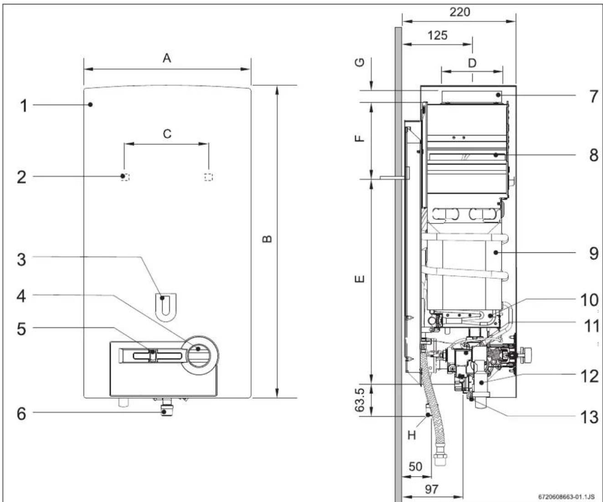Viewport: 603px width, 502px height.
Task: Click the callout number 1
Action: [x=24, y=106]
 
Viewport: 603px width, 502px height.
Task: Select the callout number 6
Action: [x=22, y=414]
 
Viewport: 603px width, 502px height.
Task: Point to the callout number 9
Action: [x=593, y=254]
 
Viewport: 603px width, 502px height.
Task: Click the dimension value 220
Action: [x=460, y=12]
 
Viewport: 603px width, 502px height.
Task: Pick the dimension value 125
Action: [x=438, y=35]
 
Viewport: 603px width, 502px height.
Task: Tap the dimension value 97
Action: [x=432, y=490]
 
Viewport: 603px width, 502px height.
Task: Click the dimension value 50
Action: [x=416, y=466]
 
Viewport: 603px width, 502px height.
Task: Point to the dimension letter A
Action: [x=167, y=58]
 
